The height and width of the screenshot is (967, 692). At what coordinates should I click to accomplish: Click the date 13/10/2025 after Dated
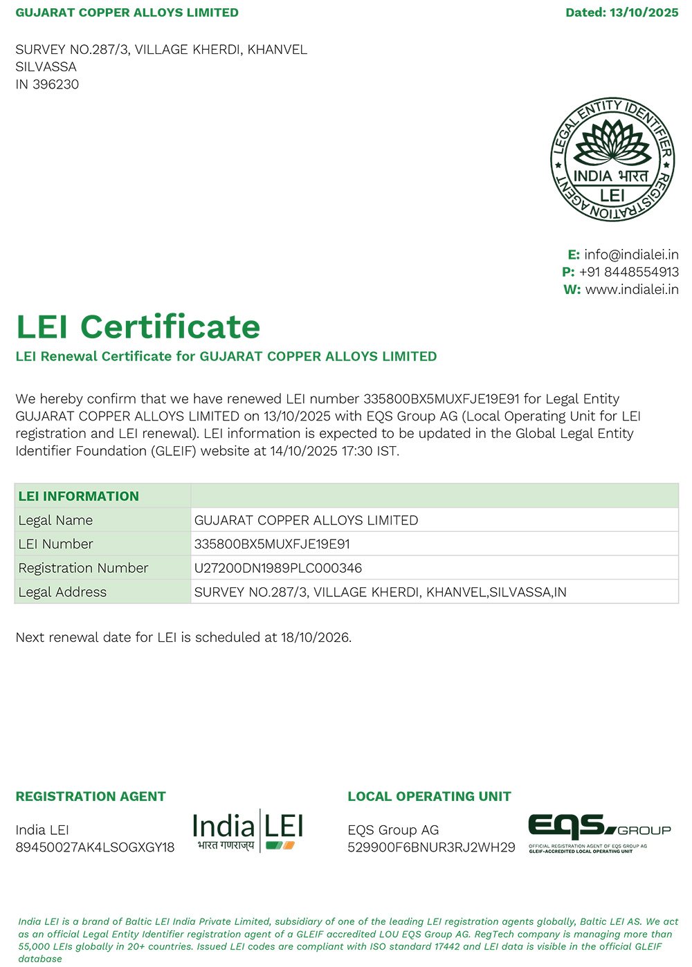click(x=644, y=12)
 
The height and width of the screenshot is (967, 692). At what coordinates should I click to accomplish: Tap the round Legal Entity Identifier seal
click(x=612, y=160)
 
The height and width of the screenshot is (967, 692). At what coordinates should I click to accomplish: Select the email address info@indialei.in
click(x=631, y=255)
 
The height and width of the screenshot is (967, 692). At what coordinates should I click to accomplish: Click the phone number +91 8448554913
click(x=629, y=272)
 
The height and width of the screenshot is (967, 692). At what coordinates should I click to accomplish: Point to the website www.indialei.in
click(x=632, y=289)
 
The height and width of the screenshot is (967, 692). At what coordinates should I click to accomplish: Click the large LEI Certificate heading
click(x=138, y=326)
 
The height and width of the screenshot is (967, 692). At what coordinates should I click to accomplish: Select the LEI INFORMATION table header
click(x=79, y=496)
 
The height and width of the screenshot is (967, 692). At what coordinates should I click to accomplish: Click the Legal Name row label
click(x=55, y=520)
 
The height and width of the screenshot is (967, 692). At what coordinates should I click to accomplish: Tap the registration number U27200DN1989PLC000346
click(x=278, y=568)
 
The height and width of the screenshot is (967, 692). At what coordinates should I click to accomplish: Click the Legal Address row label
click(x=62, y=592)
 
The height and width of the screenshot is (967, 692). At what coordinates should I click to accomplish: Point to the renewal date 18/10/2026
click(x=316, y=637)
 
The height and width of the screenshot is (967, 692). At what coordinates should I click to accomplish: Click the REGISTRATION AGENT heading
click(x=91, y=796)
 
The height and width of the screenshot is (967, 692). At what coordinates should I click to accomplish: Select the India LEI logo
click(x=248, y=831)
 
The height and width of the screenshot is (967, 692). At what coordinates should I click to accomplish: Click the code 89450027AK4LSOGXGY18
click(x=95, y=847)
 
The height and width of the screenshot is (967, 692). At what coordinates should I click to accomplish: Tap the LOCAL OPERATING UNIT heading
click(x=429, y=796)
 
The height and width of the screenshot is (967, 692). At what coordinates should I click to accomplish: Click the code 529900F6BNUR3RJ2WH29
click(x=431, y=847)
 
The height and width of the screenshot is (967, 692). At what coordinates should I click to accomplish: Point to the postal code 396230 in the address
click(x=55, y=84)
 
